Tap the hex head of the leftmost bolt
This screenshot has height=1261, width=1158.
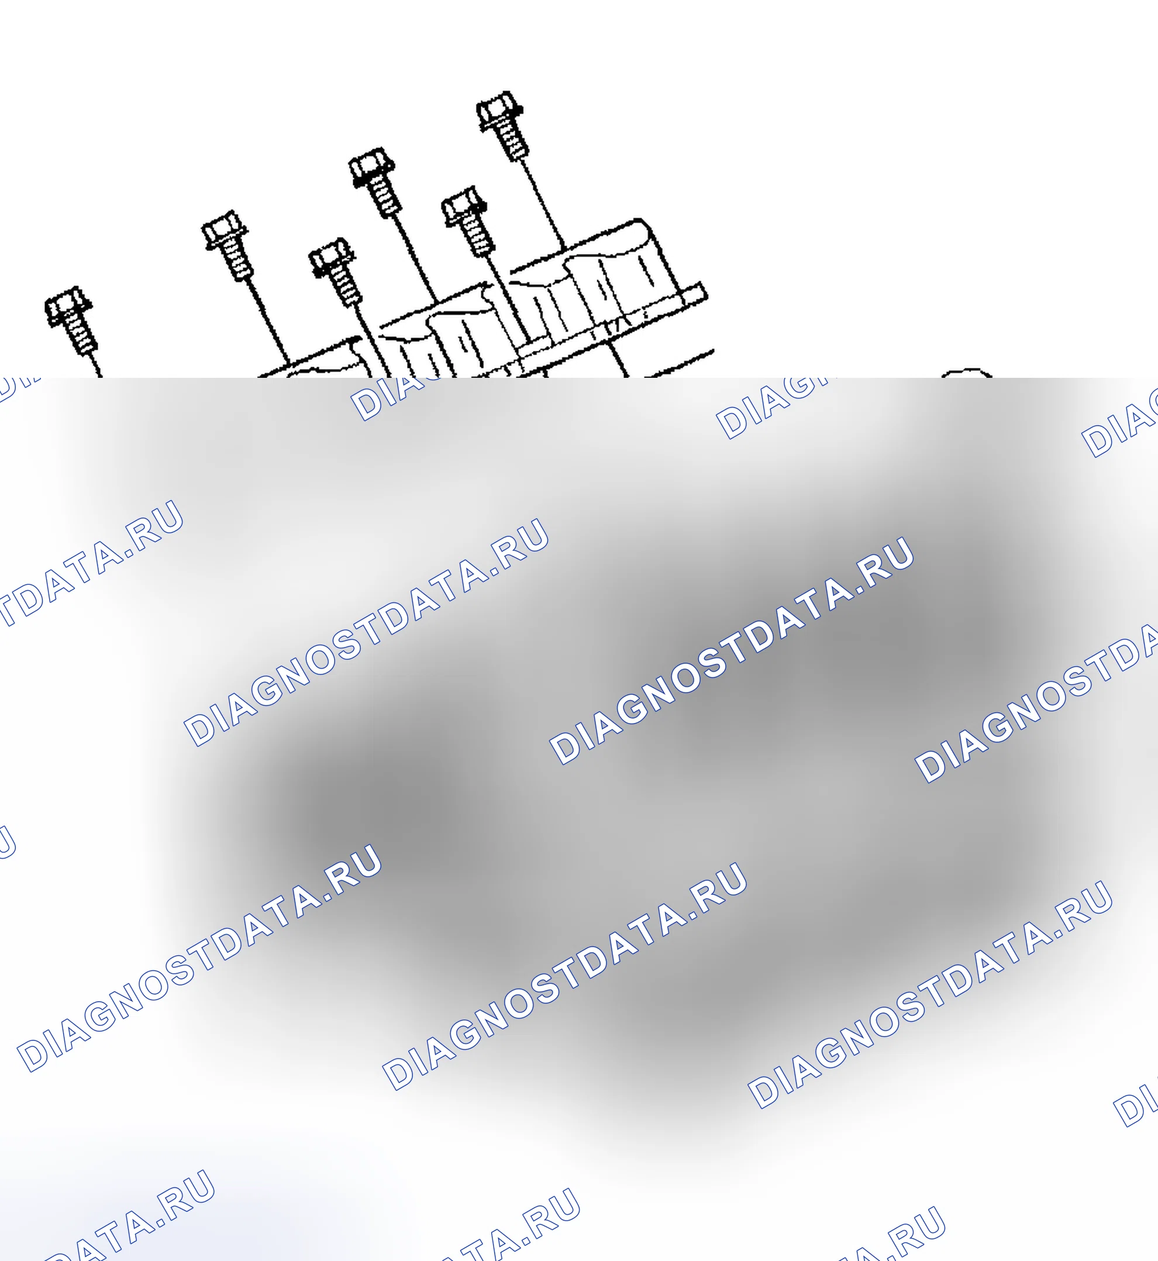[x=68, y=306]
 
